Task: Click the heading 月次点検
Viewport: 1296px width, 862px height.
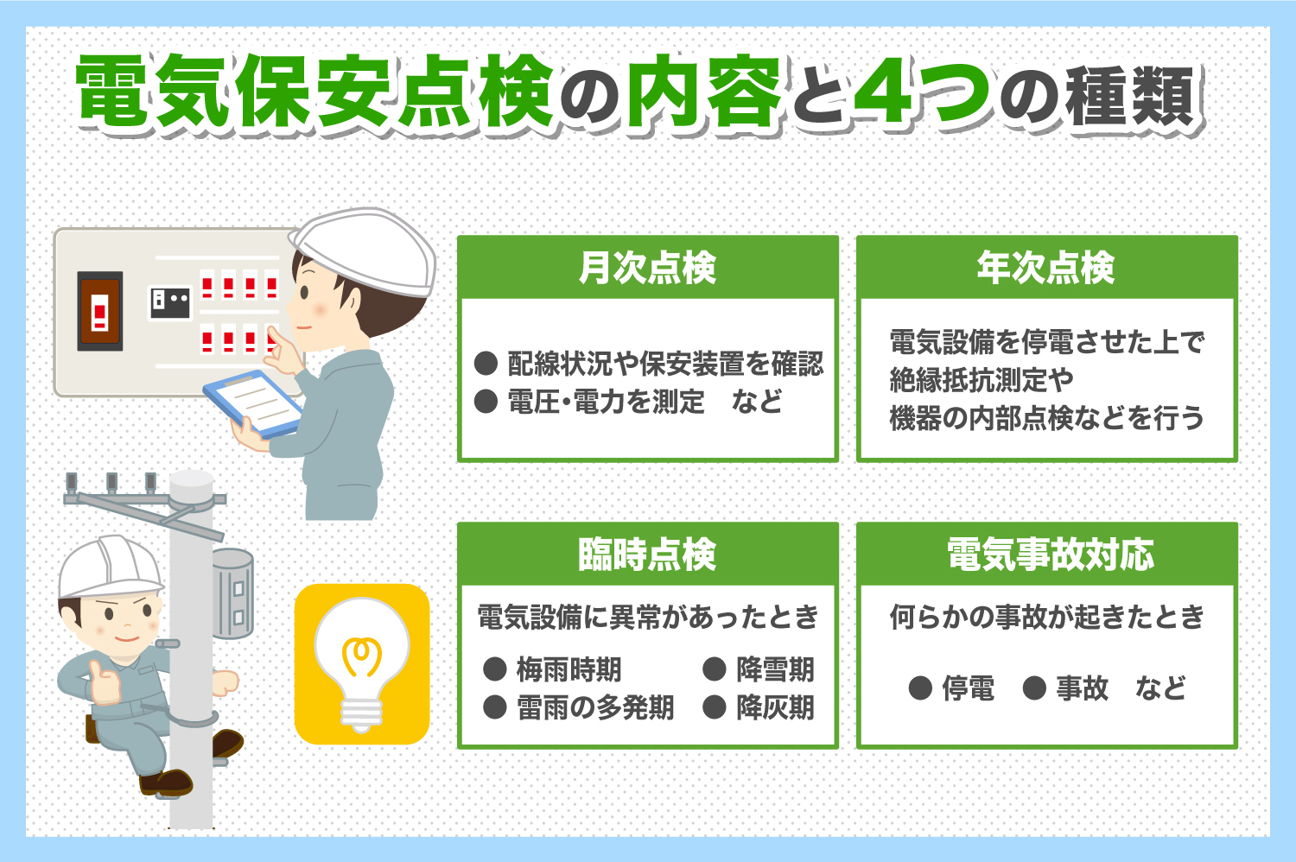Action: [647, 268]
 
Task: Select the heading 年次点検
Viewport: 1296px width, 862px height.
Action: [1046, 268]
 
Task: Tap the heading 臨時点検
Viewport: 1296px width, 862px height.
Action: [647, 555]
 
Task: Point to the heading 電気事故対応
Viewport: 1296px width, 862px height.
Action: [1051, 555]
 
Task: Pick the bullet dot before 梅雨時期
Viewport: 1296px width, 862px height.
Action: [495, 669]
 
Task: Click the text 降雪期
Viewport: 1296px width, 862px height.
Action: [776, 669]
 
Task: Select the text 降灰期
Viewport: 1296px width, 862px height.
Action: [776, 707]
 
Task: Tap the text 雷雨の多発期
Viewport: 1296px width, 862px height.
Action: [595, 707]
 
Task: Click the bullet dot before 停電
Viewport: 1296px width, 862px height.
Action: [920, 688]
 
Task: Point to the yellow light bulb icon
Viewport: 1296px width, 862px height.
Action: [362, 664]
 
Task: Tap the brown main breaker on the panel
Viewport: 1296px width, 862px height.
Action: [100, 311]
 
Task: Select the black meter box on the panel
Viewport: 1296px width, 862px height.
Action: [170, 302]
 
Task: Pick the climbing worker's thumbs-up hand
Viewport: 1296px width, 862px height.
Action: [105, 682]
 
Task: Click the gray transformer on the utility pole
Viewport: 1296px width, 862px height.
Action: [232, 593]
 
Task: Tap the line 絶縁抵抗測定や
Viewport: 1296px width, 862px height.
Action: [982, 380]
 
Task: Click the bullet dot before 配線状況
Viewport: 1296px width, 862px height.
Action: [486, 364]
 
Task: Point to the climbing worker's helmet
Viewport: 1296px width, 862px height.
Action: [109, 567]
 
